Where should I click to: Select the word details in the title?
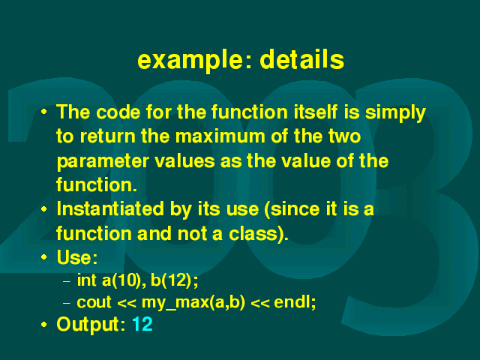[x=302, y=59]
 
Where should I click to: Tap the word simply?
[x=395, y=113]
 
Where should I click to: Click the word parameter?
[x=103, y=162]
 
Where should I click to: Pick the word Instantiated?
[x=110, y=209]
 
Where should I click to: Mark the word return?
[x=108, y=136]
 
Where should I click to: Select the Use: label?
[x=77, y=257]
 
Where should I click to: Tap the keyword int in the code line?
[x=87, y=280]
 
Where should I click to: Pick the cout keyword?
[x=94, y=302]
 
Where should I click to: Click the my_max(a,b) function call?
[x=193, y=303]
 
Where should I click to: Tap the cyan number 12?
[x=142, y=324]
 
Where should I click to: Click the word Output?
[x=91, y=325]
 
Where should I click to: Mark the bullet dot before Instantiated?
[x=44, y=209]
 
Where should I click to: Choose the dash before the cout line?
[x=67, y=303]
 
